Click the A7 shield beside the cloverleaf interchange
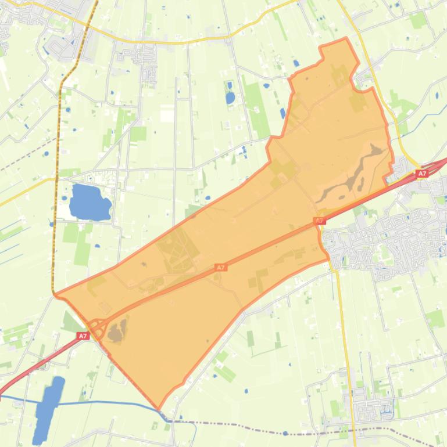tap(83, 336)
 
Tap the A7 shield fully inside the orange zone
tap(220, 268)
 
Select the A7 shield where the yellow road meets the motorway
tap(422, 174)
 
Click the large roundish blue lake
tap(89, 201)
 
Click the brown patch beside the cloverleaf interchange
tap(117, 332)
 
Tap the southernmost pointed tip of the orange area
tap(158, 409)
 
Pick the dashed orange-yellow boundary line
tap(58, 174)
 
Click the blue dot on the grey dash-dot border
tap(285, 433)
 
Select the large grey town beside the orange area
tap(384, 238)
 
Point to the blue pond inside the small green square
tap(230, 98)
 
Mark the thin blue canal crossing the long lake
tap(105, 402)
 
